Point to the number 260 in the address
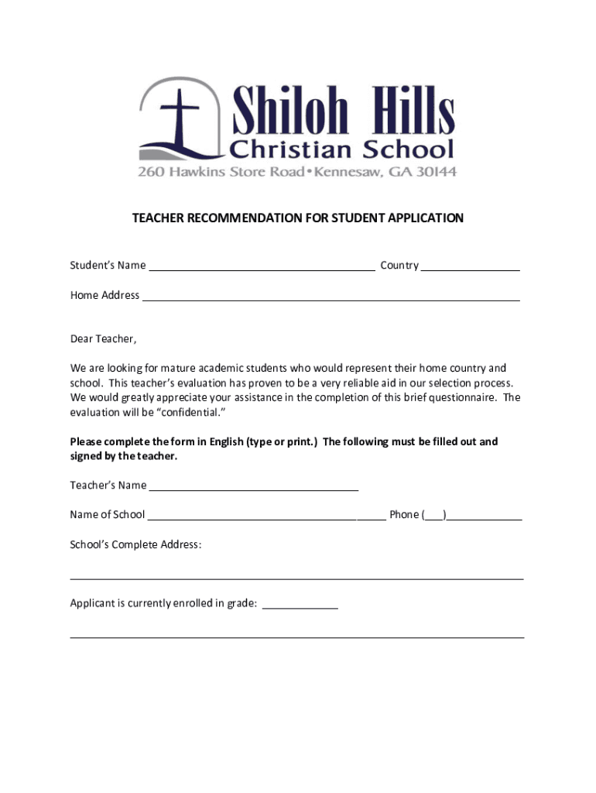[151, 171]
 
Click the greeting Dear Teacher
[103, 339]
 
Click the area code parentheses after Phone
[434, 515]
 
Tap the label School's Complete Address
[135, 544]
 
